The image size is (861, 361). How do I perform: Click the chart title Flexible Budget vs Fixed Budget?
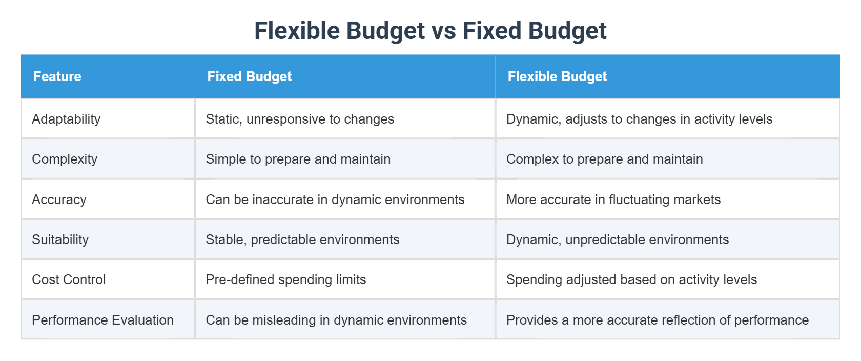tap(430, 31)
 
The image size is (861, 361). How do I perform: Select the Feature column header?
tap(57, 76)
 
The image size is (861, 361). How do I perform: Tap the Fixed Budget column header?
tap(249, 76)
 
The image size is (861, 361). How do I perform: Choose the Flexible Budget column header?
tap(557, 76)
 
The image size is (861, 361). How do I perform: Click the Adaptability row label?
tap(66, 119)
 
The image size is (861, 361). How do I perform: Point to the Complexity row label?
tap(65, 159)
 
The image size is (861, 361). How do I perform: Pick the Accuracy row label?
tap(59, 199)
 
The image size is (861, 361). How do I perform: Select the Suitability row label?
tap(60, 239)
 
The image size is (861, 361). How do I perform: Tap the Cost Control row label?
tap(69, 279)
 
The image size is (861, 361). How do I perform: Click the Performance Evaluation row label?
tap(102, 320)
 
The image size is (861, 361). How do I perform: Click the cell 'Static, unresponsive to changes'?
tap(300, 119)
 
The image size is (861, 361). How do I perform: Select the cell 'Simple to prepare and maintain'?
tap(298, 159)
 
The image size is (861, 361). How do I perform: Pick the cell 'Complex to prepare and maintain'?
tap(604, 159)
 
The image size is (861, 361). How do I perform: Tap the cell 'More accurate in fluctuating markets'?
tap(613, 199)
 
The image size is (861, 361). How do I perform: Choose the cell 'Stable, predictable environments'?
tap(302, 239)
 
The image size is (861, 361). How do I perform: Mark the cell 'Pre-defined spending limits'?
tap(285, 279)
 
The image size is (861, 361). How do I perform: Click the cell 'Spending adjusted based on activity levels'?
tap(631, 279)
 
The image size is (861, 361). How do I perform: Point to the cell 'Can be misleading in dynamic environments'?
tap(336, 320)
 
